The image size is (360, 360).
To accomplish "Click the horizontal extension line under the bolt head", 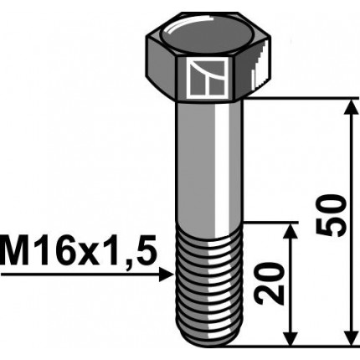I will (x=301, y=99).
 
